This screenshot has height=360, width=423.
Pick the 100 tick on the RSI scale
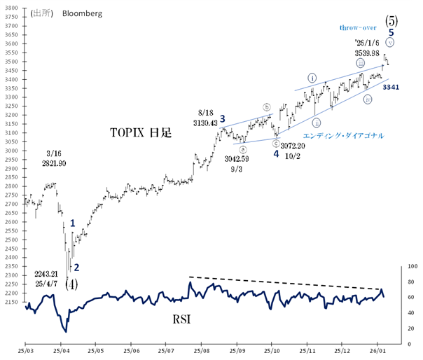(412, 267)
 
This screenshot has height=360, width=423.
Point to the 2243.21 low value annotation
(48, 273)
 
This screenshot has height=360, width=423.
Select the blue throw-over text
(359, 27)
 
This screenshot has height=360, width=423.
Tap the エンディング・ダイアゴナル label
(343, 135)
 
